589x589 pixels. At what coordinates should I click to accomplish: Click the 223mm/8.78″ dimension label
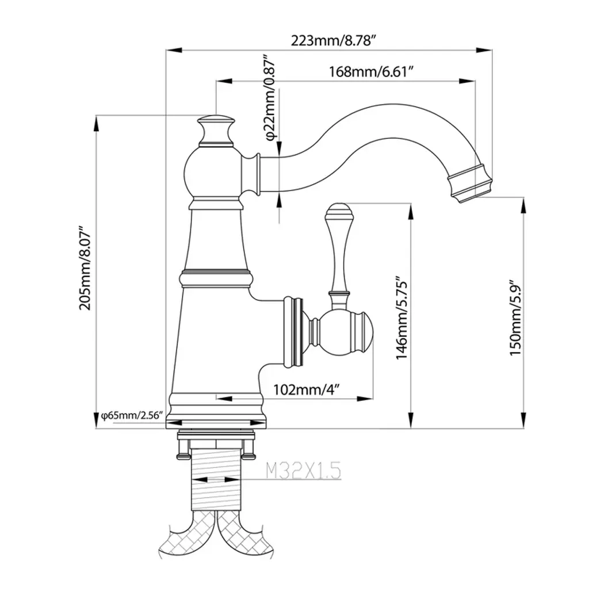334,40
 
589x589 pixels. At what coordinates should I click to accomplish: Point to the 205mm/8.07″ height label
85,268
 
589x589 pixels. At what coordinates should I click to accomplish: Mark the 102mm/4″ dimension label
307,389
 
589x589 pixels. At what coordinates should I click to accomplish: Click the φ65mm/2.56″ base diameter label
132,415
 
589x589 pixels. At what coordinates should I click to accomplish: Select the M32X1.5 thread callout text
303,471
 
